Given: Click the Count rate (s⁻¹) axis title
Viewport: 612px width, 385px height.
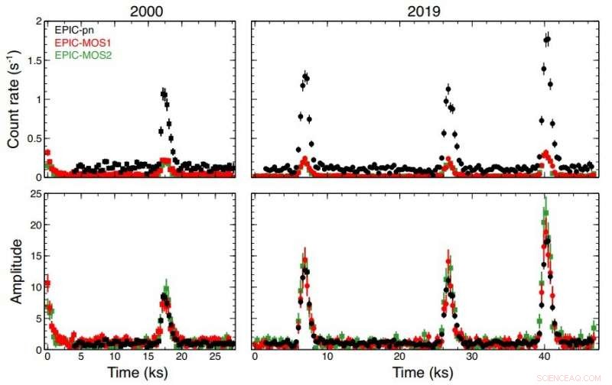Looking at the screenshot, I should (14, 99).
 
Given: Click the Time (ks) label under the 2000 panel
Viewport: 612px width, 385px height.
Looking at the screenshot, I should (140, 374).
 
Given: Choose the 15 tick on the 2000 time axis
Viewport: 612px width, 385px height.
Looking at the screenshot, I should (148, 357).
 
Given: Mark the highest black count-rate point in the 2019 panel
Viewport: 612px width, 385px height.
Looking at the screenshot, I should (548, 38).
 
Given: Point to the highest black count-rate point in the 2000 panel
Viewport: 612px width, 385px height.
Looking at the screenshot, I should (163, 92).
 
